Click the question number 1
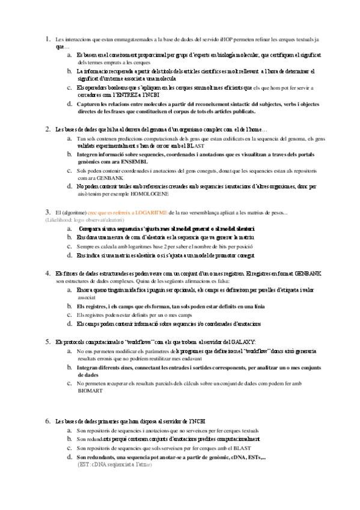tap(47, 39)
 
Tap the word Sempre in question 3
tap(87, 247)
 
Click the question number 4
tap(47, 272)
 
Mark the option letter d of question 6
tap(70, 458)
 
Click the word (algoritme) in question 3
tap(71, 212)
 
